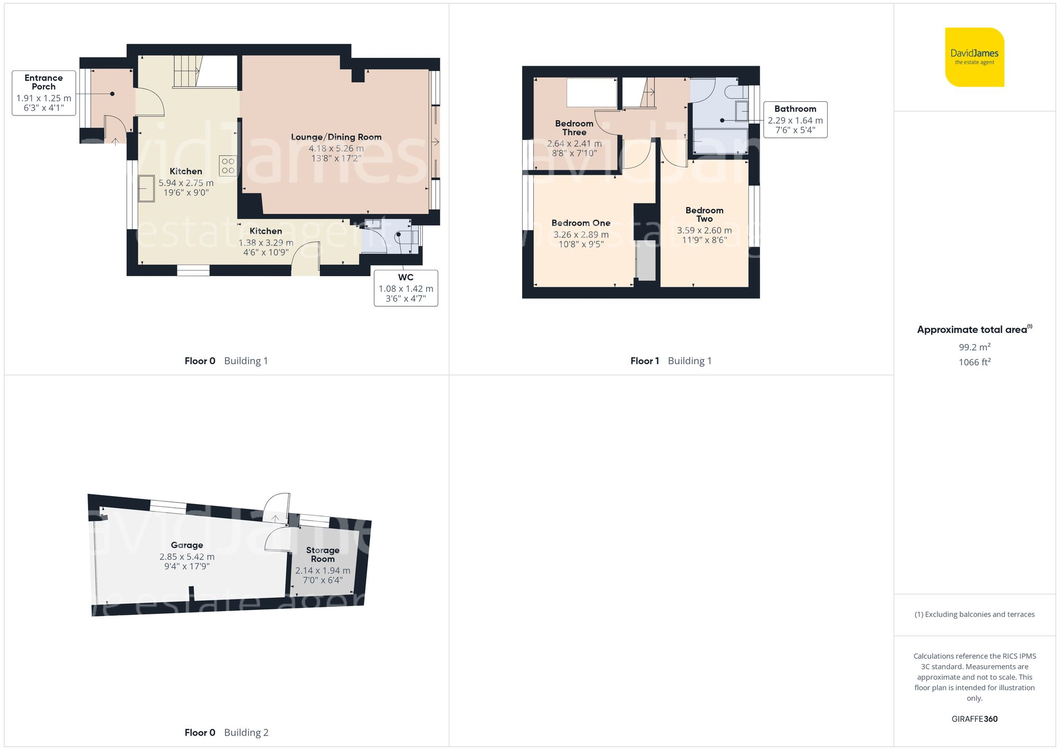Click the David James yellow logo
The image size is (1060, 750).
(x=974, y=57)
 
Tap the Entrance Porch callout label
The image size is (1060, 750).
(x=43, y=93)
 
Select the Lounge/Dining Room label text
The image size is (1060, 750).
(x=336, y=137)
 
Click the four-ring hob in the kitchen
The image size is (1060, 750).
(x=228, y=165)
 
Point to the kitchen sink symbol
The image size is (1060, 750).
(x=146, y=189)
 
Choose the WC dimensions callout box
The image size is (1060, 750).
(x=405, y=288)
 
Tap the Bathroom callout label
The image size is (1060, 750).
(x=795, y=119)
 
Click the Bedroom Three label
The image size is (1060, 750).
(x=574, y=128)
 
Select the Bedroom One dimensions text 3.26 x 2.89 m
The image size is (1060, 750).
(x=581, y=234)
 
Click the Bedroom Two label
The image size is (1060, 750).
(x=704, y=214)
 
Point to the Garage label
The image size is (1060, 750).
(x=187, y=545)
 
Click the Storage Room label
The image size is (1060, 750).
(x=322, y=554)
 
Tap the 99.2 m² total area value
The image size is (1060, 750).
(x=974, y=347)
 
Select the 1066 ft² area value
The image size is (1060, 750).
(x=974, y=362)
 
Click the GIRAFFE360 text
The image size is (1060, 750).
(x=974, y=719)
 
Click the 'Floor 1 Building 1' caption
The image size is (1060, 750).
(x=670, y=361)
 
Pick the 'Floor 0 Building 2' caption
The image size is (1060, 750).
(x=226, y=733)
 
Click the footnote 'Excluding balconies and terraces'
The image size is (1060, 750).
(x=974, y=614)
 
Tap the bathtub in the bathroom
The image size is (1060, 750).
(x=720, y=141)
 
